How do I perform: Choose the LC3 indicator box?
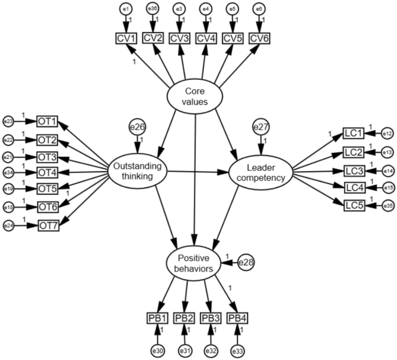coord(354,171)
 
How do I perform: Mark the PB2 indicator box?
coord(184,318)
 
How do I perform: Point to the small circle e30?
coord(157,350)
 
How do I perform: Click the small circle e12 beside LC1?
coord(387,134)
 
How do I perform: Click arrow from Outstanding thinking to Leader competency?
coord(197,172)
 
